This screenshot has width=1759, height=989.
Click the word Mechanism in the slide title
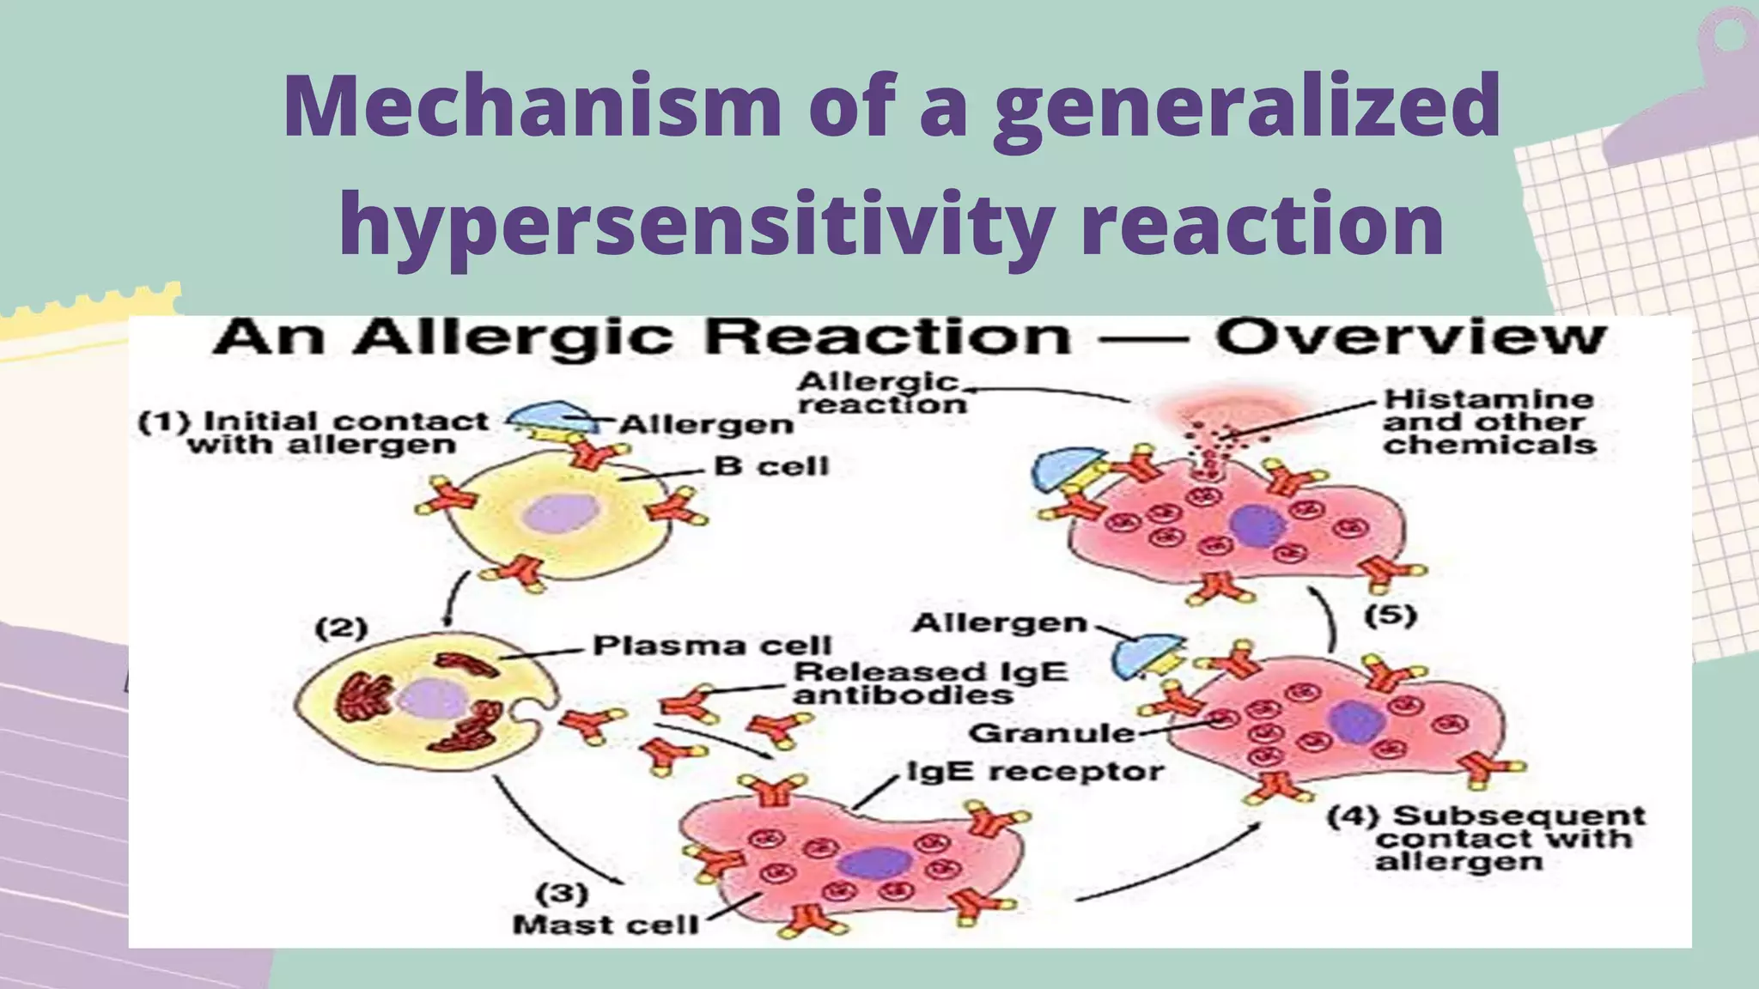point(533,106)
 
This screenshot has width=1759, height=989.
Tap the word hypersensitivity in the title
point(696,225)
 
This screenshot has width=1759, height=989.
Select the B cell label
point(771,466)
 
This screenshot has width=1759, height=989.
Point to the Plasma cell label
point(712,646)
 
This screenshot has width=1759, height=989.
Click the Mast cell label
point(605,925)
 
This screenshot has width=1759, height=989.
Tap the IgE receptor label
point(1035,772)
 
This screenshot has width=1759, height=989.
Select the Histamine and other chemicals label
point(1488,422)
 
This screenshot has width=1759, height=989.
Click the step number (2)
point(341,628)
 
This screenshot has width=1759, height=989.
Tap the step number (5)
point(1391,616)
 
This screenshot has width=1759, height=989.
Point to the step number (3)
point(562,894)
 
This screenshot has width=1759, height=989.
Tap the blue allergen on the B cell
point(551,416)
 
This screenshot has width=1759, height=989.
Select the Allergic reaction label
point(880,393)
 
